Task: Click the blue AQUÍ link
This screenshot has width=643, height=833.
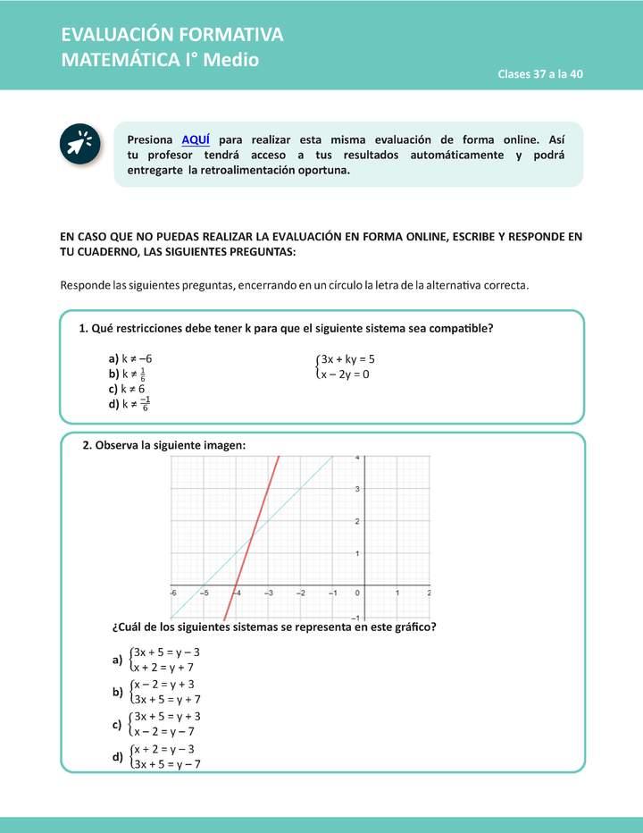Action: coord(196,140)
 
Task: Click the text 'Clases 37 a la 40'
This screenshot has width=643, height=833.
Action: coord(540,74)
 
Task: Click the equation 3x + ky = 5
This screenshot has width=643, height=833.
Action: coord(347,359)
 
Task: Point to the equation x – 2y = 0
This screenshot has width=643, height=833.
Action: coord(345,374)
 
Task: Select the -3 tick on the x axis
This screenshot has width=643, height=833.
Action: coord(268,593)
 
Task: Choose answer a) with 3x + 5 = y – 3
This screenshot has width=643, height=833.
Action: coord(117,661)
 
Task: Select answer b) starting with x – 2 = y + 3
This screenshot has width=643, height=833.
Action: coord(117,692)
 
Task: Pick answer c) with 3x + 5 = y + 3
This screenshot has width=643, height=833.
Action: coord(117,725)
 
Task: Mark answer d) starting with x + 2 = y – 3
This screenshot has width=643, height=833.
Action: coord(117,757)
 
